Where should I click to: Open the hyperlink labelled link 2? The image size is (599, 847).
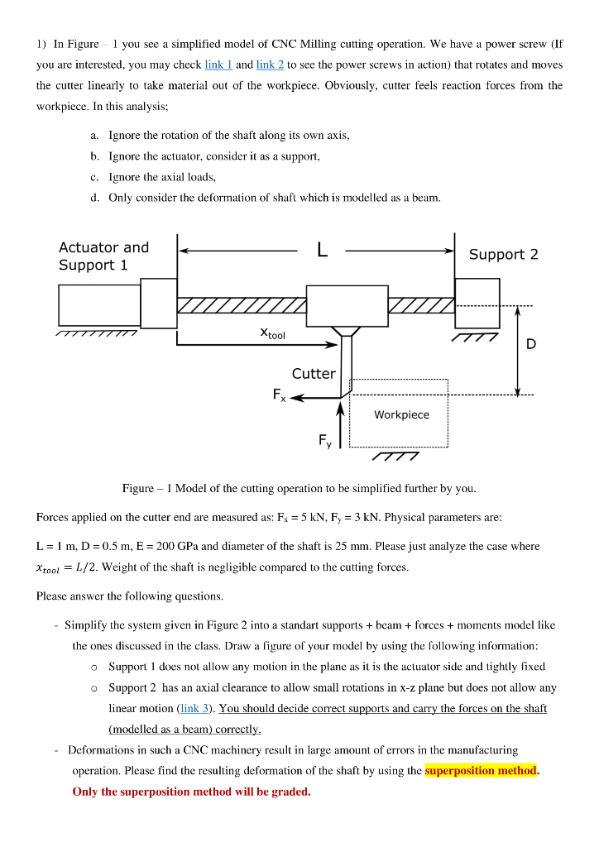[270, 65]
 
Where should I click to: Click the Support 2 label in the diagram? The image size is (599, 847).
[503, 255]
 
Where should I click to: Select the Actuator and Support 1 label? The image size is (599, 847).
[103, 256]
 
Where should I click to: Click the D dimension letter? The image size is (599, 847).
[530, 344]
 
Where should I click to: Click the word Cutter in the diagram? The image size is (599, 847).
[314, 374]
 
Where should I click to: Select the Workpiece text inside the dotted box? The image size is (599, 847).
[401, 414]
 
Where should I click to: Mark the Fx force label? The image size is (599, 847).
[278, 395]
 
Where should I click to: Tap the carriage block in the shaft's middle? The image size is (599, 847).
[347, 305]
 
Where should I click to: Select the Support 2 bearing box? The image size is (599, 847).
[477, 303]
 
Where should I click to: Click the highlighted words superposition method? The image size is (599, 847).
[481, 771]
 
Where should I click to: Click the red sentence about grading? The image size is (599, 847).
[192, 792]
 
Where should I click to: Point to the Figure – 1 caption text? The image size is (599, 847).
[299, 489]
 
